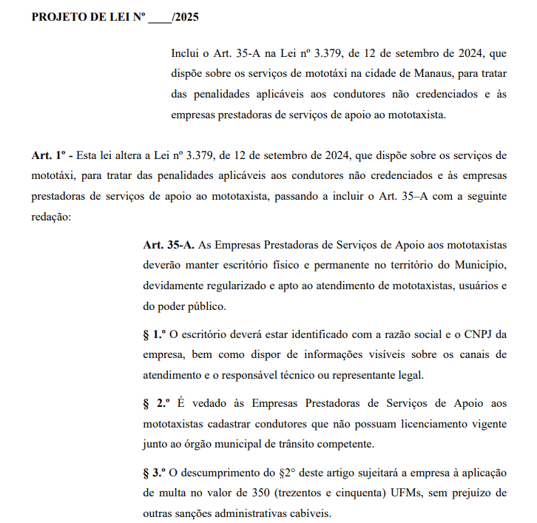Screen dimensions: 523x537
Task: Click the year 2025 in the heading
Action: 185,16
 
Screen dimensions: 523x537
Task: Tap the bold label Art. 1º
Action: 51,156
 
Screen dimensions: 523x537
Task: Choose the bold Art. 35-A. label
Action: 169,244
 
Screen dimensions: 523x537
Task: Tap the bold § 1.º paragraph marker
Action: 157,334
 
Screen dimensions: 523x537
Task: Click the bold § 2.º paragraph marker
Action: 157,403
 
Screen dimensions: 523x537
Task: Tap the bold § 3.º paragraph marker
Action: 157,472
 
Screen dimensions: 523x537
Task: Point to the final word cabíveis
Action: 309,513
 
